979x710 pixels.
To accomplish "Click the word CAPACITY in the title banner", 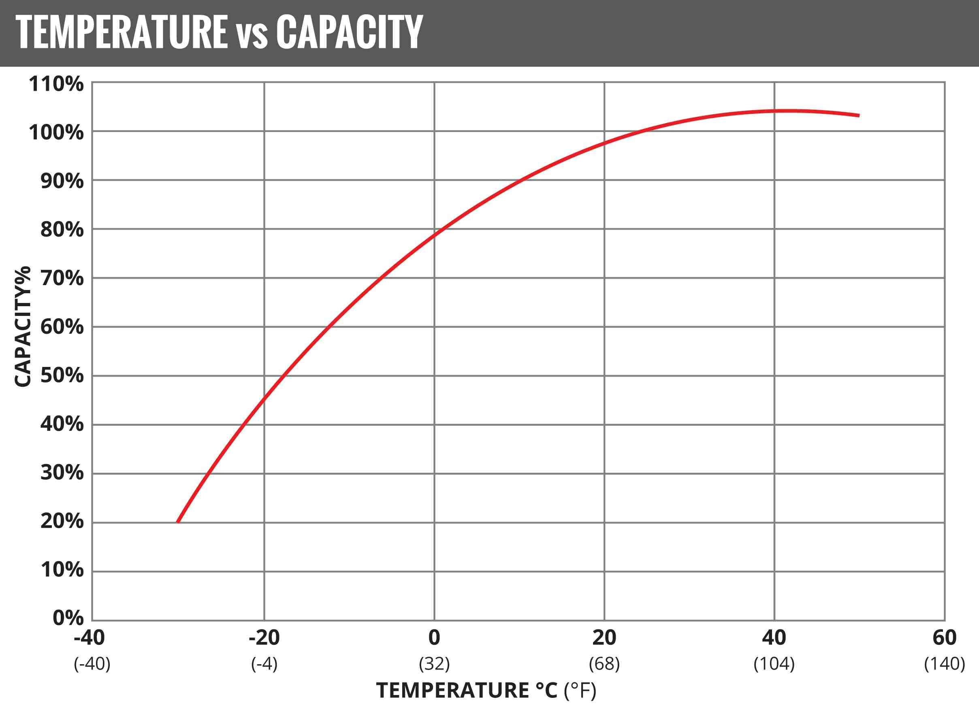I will [349, 32].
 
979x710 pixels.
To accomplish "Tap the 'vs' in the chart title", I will [252, 34].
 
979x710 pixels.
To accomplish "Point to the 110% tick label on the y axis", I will [56, 84].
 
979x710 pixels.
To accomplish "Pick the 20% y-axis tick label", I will [62, 521].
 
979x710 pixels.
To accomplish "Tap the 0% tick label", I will [68, 618].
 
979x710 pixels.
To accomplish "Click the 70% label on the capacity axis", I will [62, 278].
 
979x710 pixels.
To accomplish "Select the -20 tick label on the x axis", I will [264, 638].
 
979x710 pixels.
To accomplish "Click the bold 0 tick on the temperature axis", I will [434, 638].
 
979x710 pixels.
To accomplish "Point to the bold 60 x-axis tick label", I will [945, 638].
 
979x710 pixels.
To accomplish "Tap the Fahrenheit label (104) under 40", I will [774, 663].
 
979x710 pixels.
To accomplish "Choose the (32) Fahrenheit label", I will [434, 663].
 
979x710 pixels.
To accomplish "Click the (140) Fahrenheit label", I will [945, 663].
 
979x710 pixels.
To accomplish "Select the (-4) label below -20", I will [264, 663].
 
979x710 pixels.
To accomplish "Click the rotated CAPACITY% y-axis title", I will [23, 327].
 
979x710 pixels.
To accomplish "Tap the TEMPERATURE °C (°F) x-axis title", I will [486, 690].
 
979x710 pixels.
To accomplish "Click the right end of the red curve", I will [858, 115].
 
